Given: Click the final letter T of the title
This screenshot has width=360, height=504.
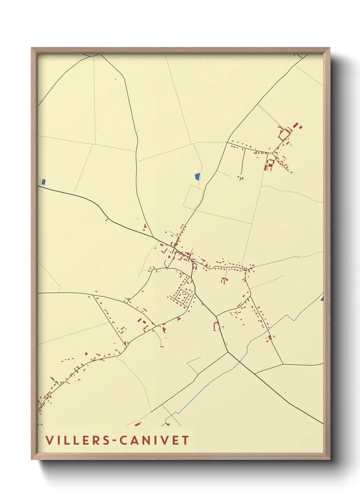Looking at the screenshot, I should coord(185,440).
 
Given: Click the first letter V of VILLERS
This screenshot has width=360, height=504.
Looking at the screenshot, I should coord(49,440).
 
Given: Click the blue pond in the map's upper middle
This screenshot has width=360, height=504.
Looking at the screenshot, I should coord(197,177).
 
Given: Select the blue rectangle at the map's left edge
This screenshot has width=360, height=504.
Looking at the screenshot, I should coord(43,182).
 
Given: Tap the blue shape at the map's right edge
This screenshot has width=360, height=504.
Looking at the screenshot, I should coord(322,298).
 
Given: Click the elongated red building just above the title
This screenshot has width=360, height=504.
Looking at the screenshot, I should coord(138,424).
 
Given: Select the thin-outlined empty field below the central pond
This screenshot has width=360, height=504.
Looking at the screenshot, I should coord(193,197).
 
